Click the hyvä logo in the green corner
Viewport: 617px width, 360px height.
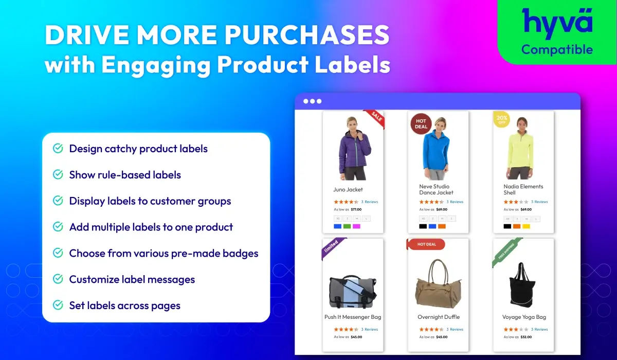(557, 23)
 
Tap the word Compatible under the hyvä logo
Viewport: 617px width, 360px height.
(557, 50)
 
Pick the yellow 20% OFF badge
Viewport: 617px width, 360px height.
(501, 119)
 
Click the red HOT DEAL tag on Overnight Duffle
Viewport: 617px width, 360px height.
(426, 244)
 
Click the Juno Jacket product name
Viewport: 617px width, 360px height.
(348, 190)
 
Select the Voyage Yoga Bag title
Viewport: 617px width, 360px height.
(524, 317)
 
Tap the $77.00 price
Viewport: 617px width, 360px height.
(356, 209)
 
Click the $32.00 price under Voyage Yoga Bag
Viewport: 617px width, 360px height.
(526, 337)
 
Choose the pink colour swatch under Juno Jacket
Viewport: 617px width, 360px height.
(356, 226)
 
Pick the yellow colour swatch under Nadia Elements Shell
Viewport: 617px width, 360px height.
(526, 226)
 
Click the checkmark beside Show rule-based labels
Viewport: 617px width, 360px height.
(58, 175)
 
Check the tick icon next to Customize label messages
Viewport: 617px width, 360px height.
(58, 279)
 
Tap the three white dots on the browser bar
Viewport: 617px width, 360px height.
(312, 101)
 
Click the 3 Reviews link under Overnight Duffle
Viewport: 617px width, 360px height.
(455, 330)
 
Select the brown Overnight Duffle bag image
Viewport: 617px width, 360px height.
(438, 285)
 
